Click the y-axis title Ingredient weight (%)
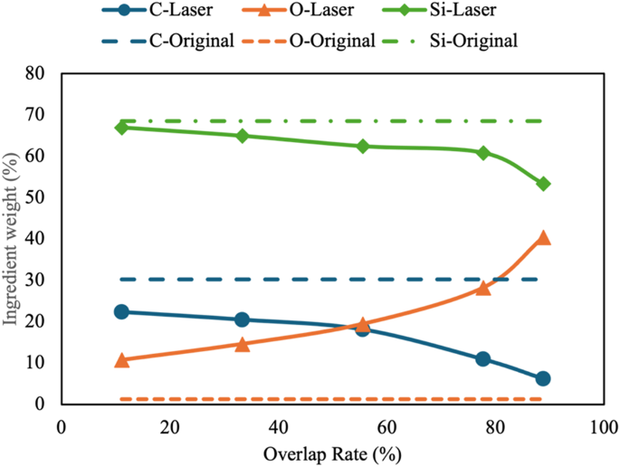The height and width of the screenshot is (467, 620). (16, 238)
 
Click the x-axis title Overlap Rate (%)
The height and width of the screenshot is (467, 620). (333, 452)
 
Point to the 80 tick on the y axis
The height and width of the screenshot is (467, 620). (36, 73)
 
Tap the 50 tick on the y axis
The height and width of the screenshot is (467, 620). (36, 197)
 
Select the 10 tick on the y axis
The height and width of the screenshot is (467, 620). (36, 362)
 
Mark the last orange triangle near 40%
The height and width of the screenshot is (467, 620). (543, 237)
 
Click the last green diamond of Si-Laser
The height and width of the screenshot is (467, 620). (543, 184)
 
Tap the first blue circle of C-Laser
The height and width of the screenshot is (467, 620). (121, 311)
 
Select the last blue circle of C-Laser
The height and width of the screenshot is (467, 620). (543, 378)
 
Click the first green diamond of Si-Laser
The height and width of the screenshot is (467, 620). (121, 128)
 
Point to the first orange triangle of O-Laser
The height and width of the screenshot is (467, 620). (121, 359)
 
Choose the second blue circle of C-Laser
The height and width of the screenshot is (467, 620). (242, 319)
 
